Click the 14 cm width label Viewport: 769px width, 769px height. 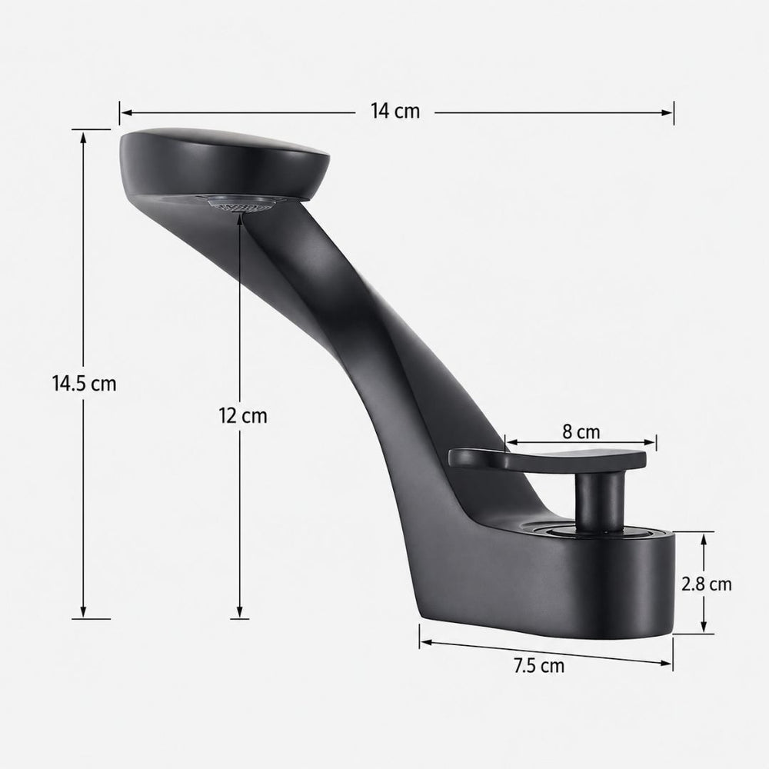point(395,112)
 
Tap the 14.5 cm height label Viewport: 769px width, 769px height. point(85,384)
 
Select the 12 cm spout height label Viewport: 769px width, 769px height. point(243,416)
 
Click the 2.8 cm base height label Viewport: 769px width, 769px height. point(706,584)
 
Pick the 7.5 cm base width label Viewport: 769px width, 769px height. point(539,666)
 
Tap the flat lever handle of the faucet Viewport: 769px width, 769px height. point(547,460)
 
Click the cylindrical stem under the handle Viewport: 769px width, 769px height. point(599,501)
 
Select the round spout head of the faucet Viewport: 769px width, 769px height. point(225,165)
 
